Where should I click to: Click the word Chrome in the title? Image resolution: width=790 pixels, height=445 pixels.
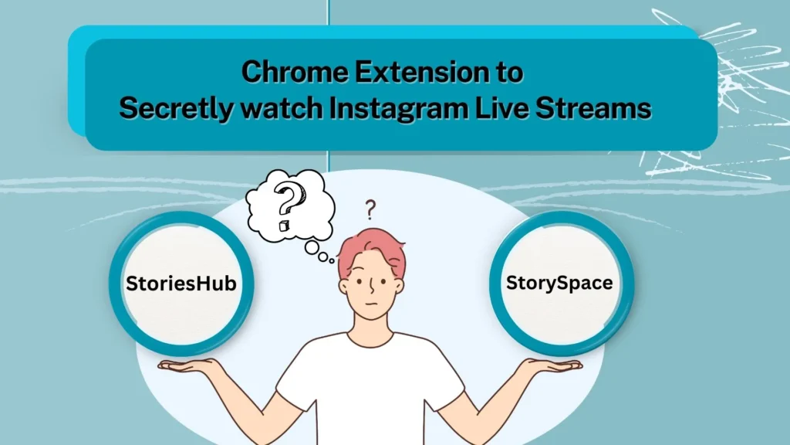pos(295,72)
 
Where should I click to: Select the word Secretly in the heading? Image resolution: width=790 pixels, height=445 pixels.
pos(177,109)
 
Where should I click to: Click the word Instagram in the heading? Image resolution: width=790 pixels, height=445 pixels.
pos(398,109)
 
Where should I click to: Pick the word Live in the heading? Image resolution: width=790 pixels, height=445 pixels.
pos(501,108)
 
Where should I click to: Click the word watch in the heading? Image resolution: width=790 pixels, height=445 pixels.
pos(281,108)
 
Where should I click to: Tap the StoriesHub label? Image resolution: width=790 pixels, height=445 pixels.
pos(181,284)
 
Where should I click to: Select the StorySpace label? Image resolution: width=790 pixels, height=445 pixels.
pos(559,283)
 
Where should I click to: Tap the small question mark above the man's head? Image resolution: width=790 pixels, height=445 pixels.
pos(370,210)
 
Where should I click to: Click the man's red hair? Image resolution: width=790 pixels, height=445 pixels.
pos(372,247)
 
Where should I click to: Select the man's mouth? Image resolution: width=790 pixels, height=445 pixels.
pos(372,304)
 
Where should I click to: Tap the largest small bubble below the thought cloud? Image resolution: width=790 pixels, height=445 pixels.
pos(312,248)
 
